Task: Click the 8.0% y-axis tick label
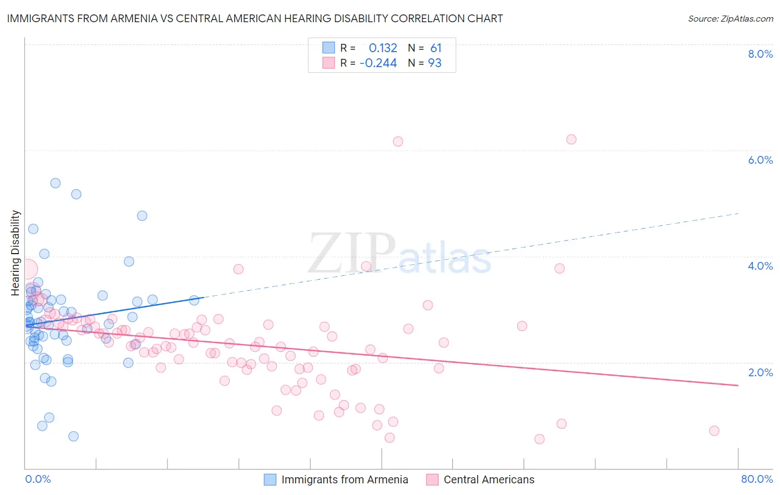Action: [x=760, y=54]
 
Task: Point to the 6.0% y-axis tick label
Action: [x=760, y=160]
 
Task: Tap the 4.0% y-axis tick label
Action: [x=760, y=266]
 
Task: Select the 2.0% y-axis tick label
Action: [x=760, y=372]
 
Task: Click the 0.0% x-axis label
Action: [x=38, y=479]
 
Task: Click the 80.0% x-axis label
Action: [x=757, y=479]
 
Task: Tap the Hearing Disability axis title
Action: [x=16, y=252]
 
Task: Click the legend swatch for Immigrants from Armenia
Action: [x=270, y=479]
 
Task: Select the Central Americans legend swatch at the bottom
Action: [x=432, y=479]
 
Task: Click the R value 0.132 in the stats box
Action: [x=383, y=48]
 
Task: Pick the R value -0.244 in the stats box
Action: [x=378, y=63]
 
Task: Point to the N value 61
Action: [x=436, y=48]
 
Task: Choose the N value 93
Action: [x=435, y=63]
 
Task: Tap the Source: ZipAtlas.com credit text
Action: [x=730, y=19]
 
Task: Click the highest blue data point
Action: [x=55, y=183]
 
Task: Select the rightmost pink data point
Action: [x=714, y=431]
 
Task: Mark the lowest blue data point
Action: [x=73, y=436]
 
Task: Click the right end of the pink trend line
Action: [x=738, y=385]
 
